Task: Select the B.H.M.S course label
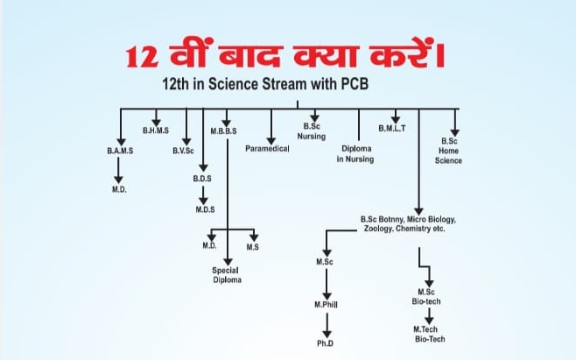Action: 155,131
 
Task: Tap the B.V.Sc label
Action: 183,151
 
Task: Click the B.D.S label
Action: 202,179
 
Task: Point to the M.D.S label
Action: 205,208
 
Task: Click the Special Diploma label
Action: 227,275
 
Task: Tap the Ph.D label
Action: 326,344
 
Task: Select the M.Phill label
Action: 326,304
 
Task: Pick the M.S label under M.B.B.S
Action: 252,246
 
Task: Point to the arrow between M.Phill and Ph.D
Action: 326,326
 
